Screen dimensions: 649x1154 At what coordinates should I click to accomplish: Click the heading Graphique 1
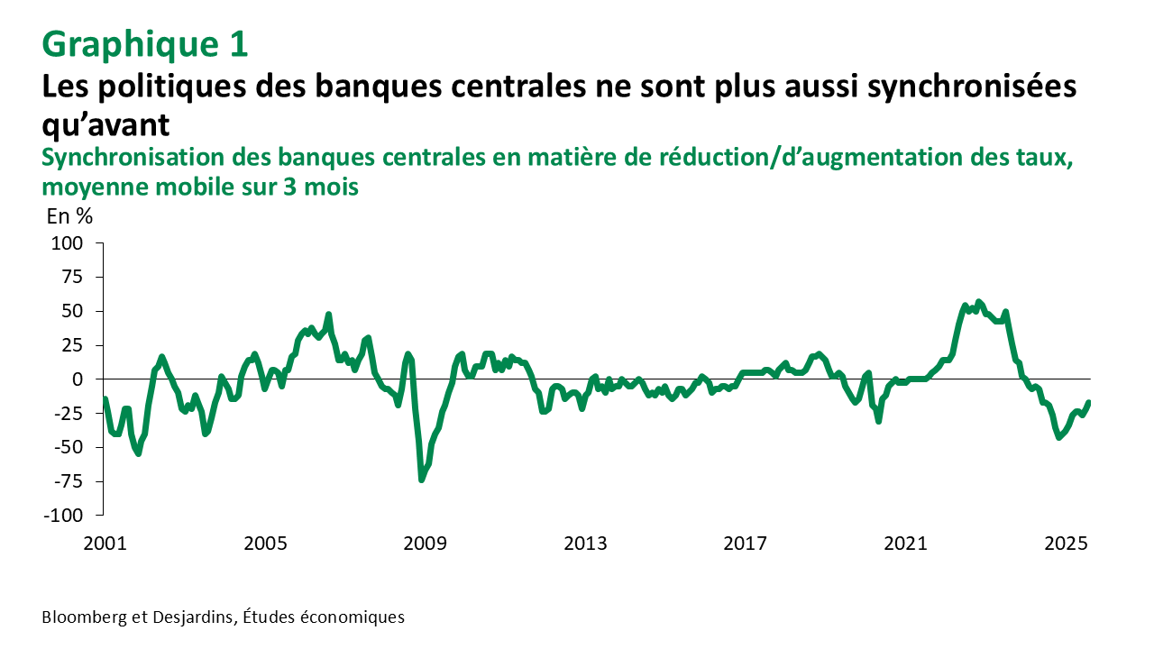pos(145,44)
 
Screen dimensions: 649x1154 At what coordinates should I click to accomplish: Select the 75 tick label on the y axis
pos(70,278)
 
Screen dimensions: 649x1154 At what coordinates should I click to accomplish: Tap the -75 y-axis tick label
pos(67,481)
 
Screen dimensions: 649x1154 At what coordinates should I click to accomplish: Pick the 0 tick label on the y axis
pos(78,379)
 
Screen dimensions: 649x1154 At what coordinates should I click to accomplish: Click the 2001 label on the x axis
pos(105,544)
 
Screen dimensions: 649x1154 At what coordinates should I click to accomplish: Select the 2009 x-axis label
pos(425,544)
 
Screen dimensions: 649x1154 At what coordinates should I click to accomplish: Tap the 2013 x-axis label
pos(585,544)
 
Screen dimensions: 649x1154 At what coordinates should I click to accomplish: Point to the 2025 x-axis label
pos(1066,544)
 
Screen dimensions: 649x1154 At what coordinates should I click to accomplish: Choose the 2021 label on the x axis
pos(905,544)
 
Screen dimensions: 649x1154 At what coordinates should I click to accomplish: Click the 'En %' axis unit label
pos(69,216)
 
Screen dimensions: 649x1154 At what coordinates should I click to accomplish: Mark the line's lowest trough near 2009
pos(421,480)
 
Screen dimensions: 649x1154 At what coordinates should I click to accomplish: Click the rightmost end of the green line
pos(1088,402)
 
